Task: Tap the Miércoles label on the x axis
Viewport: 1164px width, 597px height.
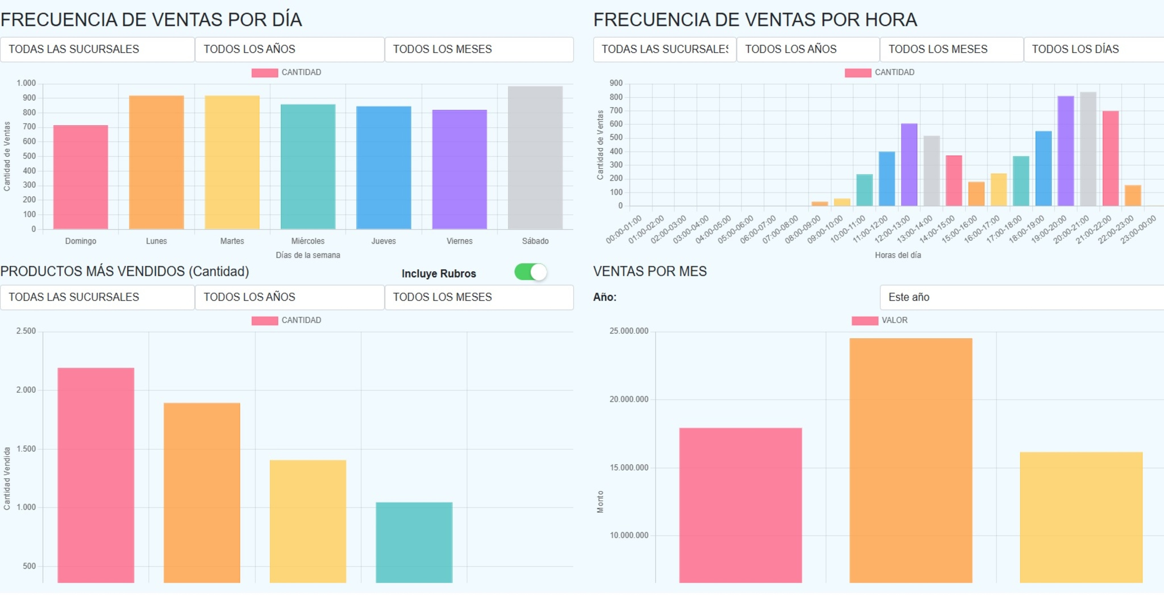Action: coord(308,241)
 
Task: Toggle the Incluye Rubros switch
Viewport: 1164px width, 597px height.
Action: coord(531,272)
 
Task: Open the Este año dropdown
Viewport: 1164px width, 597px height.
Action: coord(1021,297)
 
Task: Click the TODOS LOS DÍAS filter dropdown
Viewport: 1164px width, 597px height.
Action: coord(1094,49)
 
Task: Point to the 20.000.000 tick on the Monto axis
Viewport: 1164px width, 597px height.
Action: coord(629,399)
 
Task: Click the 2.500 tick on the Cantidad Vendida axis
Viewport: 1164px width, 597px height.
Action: coord(26,331)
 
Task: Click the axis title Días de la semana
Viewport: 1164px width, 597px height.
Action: coord(308,255)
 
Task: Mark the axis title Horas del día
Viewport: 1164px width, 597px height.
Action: coord(897,255)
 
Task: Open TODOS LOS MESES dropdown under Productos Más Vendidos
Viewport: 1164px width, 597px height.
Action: coord(479,297)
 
